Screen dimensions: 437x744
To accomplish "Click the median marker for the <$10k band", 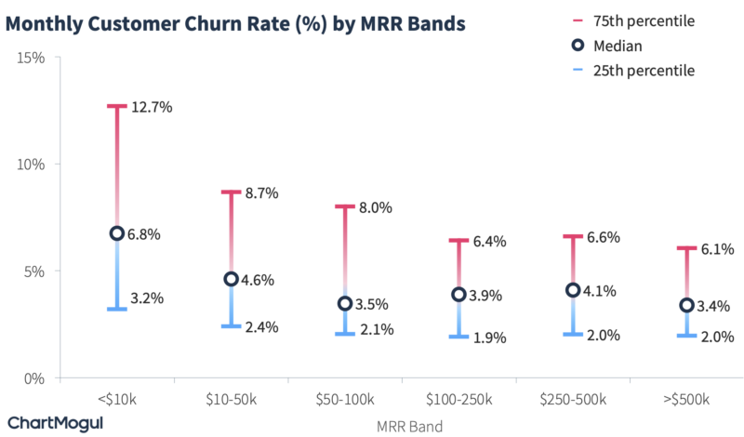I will pyautogui.click(x=116, y=233).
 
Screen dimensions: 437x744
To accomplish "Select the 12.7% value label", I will pyautogui.click(x=152, y=107).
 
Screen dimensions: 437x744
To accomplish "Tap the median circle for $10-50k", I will pyautogui.click(x=231, y=279).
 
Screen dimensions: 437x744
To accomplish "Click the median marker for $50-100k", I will pyautogui.click(x=345, y=303).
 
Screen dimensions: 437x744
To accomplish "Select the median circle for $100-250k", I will pyautogui.click(x=458, y=295).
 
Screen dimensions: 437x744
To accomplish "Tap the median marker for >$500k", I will pyautogui.click(x=686, y=305).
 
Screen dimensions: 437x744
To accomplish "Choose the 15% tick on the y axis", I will pyautogui.click(x=33, y=58).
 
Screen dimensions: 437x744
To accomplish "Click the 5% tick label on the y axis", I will pyautogui.click(x=35, y=271).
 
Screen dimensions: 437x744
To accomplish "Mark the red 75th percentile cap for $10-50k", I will pyautogui.click(x=231, y=192).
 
